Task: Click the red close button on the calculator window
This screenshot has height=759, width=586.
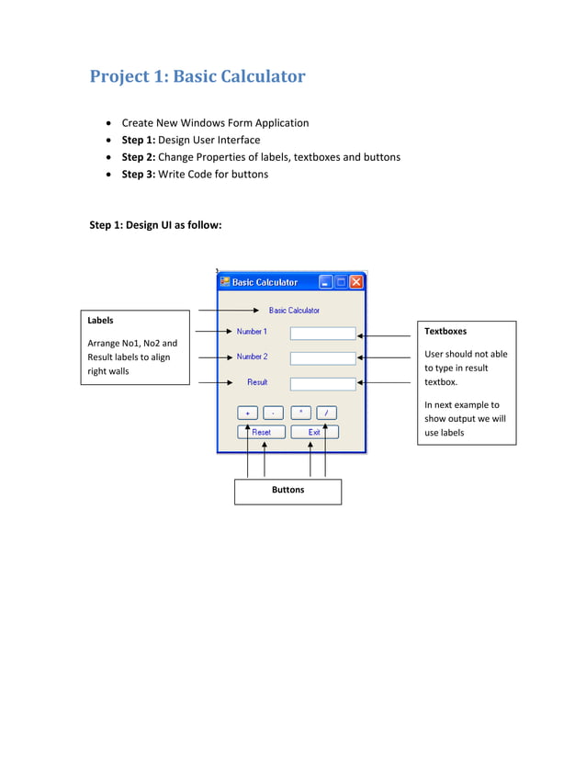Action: tap(356, 282)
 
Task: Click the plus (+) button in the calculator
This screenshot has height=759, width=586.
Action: tap(248, 413)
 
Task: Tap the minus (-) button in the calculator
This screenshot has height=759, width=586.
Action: tap(273, 413)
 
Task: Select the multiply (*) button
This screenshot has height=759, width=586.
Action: tap(301, 413)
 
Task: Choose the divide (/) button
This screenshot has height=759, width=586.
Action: tap(326, 413)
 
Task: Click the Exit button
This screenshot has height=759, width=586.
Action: tap(314, 432)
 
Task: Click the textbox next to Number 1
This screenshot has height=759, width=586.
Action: tap(322, 334)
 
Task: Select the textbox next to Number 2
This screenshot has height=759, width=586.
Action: tap(322, 358)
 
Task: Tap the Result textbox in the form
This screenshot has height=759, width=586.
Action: tap(322, 383)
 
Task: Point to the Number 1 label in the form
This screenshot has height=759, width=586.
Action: tap(252, 332)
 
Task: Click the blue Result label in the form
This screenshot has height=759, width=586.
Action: tap(257, 382)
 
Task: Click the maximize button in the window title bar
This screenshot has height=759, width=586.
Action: tap(341, 282)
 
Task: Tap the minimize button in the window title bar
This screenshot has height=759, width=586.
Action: tap(326, 282)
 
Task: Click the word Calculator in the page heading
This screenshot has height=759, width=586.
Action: tap(261, 76)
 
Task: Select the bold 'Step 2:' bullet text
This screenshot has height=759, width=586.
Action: tap(139, 157)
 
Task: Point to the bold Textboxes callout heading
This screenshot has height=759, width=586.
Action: tap(445, 331)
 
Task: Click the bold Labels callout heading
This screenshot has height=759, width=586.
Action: tap(101, 321)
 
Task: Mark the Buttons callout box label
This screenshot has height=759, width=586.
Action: tap(287, 490)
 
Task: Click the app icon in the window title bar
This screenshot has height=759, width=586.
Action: tap(225, 282)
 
